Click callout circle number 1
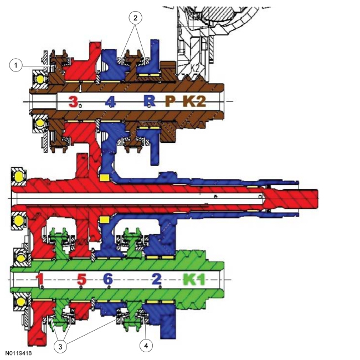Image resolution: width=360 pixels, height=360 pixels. tap(16, 65)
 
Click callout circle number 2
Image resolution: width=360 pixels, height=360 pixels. tap(135, 18)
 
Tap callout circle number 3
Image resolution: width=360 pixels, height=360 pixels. tap(60, 346)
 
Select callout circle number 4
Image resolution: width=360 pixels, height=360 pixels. tap(146, 345)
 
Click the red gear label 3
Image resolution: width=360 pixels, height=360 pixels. tap(73, 101)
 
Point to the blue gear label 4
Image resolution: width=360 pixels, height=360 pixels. tap(110, 101)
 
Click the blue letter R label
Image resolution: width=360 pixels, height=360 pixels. tap(150, 101)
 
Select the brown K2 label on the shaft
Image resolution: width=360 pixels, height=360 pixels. tap(194, 101)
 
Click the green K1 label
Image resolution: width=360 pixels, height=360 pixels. tap(194, 279)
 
